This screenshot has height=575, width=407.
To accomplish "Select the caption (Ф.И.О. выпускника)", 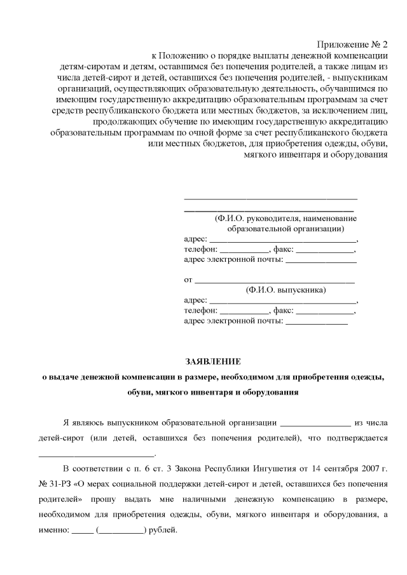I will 286,290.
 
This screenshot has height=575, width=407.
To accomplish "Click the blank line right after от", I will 275,280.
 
